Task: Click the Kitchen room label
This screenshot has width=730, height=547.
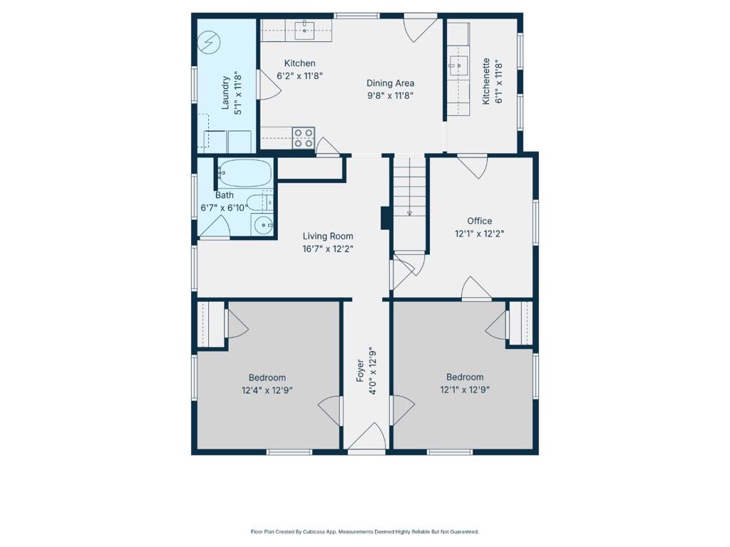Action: [x=299, y=63]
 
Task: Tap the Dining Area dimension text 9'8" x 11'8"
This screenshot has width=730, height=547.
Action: [x=390, y=95]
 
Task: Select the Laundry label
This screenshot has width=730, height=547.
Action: [x=226, y=93]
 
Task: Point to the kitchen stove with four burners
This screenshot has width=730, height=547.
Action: [x=304, y=137]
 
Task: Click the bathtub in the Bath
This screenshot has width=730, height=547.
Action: [x=245, y=172]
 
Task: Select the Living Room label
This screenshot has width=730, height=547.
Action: [x=327, y=236]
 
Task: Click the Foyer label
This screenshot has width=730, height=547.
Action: [x=361, y=372]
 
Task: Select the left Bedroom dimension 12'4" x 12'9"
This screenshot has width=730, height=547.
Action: [x=267, y=390]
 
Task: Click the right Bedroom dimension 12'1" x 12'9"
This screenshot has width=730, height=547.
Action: [x=465, y=390]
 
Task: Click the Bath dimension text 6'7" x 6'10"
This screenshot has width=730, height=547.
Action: [x=224, y=207]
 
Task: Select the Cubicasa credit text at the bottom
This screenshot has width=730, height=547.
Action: [x=364, y=531]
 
